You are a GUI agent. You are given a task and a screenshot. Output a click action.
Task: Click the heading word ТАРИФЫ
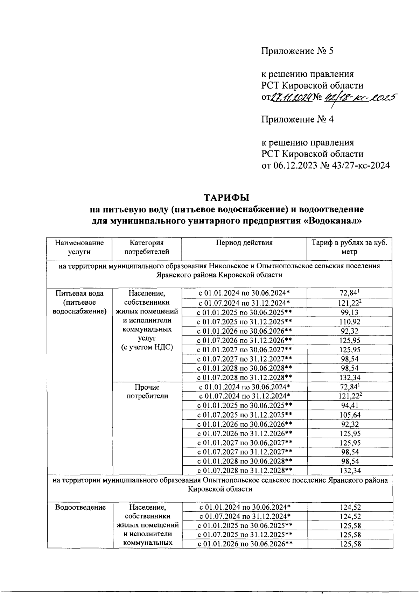click(226, 198)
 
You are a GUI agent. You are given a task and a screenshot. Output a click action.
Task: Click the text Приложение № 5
click(297, 51)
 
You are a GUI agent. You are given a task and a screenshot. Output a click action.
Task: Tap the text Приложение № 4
click(297, 120)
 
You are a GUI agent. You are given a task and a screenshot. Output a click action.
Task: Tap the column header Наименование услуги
click(79, 247)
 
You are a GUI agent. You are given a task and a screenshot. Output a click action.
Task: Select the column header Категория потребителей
click(147, 247)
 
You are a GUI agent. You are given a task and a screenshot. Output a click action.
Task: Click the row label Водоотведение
click(80, 507)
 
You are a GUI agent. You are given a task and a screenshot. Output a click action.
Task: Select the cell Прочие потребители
click(147, 391)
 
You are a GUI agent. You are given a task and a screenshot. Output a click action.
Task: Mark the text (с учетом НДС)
click(147, 347)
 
